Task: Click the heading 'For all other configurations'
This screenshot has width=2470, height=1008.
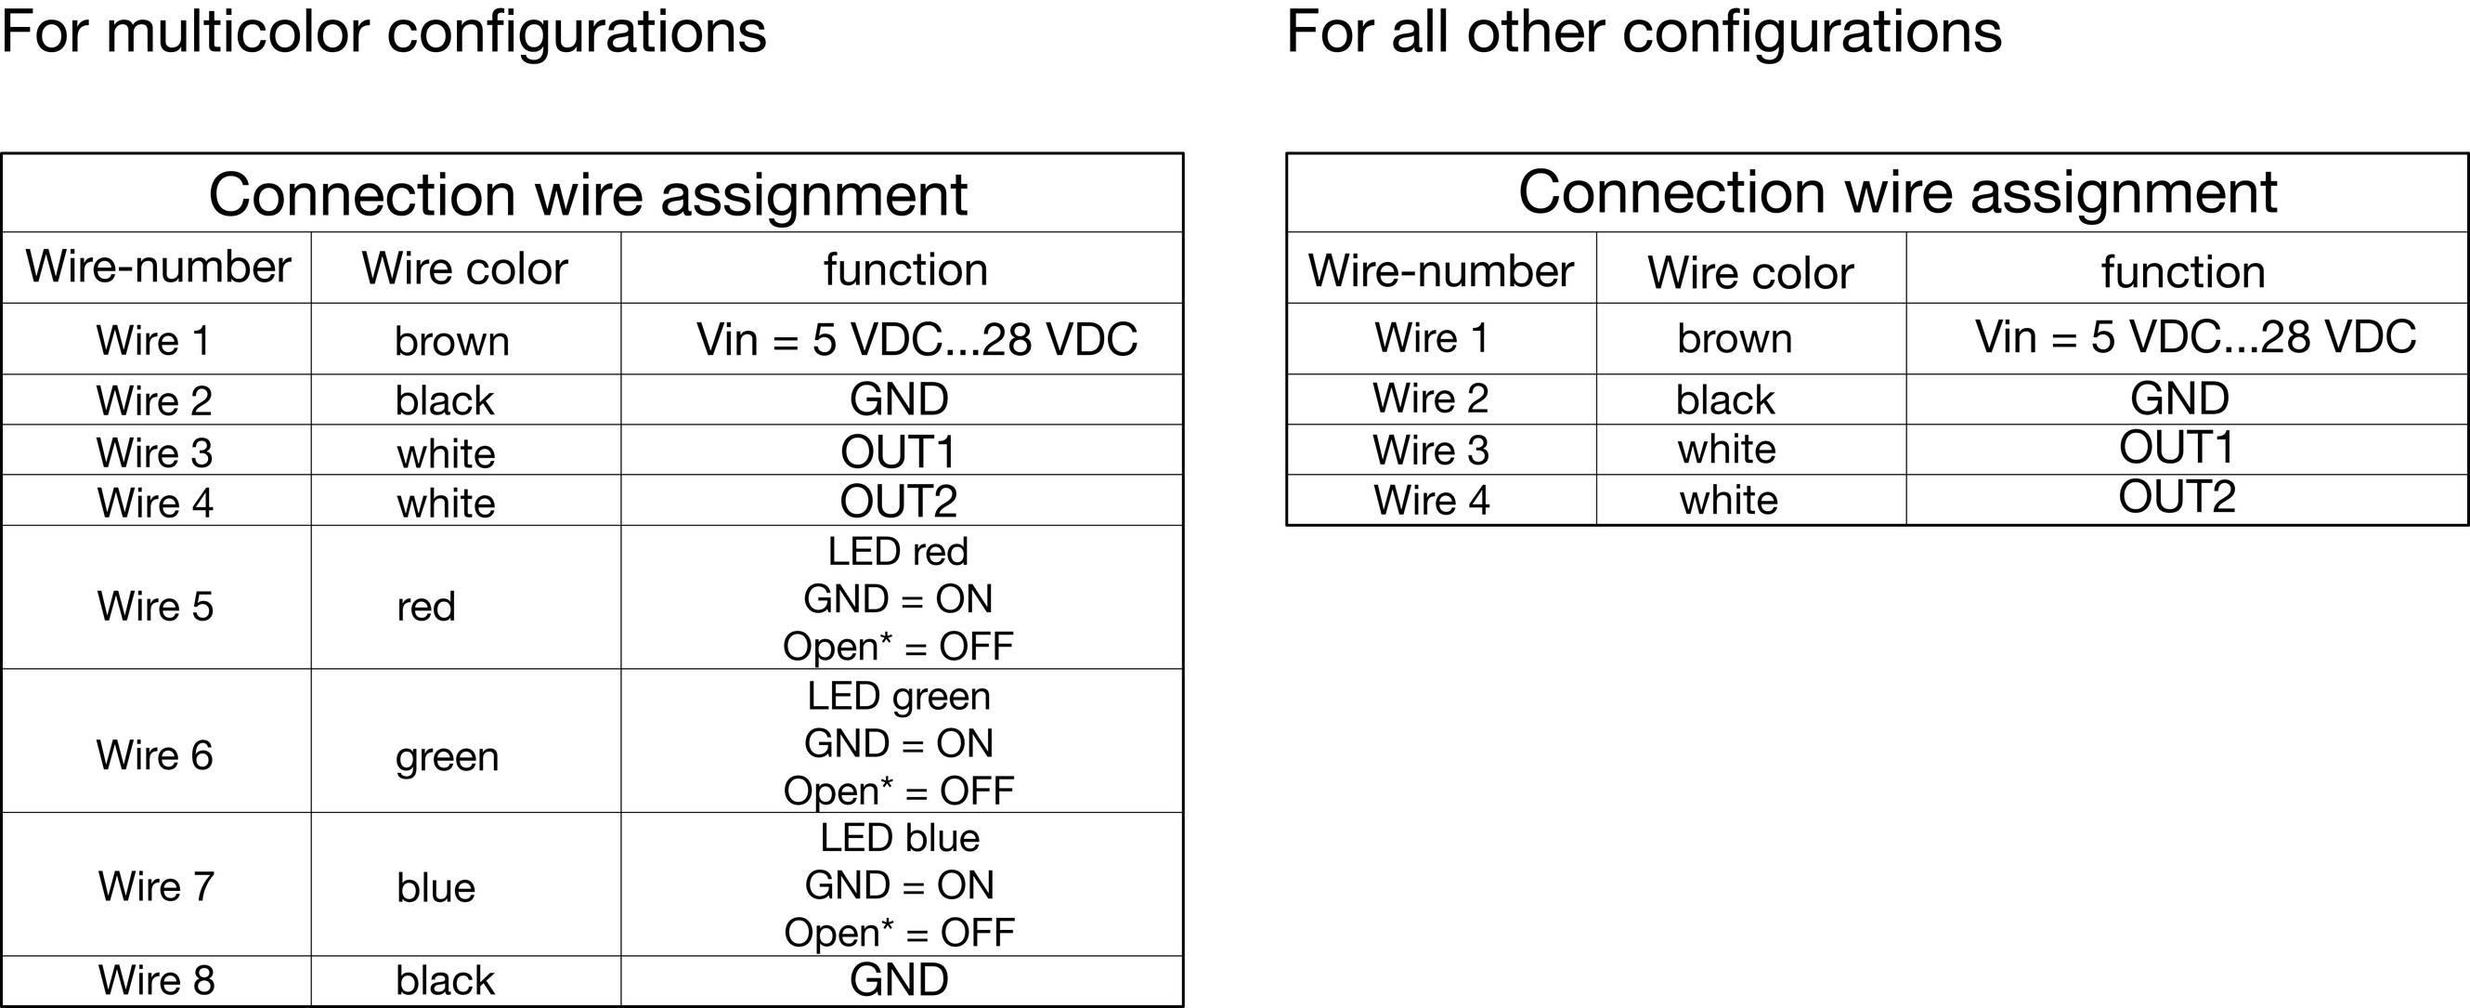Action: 1644,32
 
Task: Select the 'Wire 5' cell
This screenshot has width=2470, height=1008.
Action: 155,606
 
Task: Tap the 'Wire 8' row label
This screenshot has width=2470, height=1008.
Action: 156,980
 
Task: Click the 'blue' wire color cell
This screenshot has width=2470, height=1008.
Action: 436,887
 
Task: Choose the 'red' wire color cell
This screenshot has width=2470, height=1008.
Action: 425,607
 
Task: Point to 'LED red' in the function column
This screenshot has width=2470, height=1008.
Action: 899,552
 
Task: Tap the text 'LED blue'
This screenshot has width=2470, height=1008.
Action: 900,838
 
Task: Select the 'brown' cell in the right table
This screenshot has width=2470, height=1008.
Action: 1735,338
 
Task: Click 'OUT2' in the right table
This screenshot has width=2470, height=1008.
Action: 2177,497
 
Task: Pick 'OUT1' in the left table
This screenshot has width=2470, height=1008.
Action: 899,452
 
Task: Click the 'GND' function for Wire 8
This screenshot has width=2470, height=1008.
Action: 899,980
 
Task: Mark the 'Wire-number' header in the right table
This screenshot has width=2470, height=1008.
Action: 1440,270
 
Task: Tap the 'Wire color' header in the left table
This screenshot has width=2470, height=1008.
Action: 464,268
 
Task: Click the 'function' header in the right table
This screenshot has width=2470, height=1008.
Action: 2183,271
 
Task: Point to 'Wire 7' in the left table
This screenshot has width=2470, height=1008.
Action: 155,886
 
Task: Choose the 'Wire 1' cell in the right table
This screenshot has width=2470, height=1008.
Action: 1432,337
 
